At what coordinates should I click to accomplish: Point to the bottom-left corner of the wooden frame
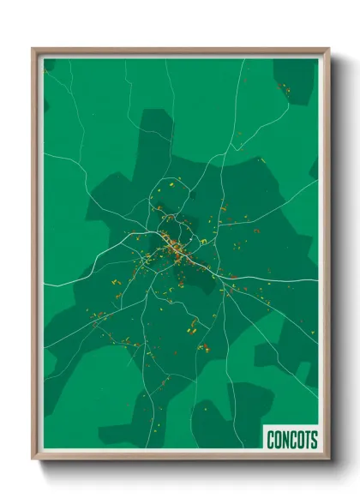pyautogui.click(x=33, y=459)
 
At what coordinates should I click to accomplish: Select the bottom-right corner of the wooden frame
pyautogui.click(x=328, y=459)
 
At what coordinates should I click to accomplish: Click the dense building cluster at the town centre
pyautogui.click(x=176, y=249)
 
